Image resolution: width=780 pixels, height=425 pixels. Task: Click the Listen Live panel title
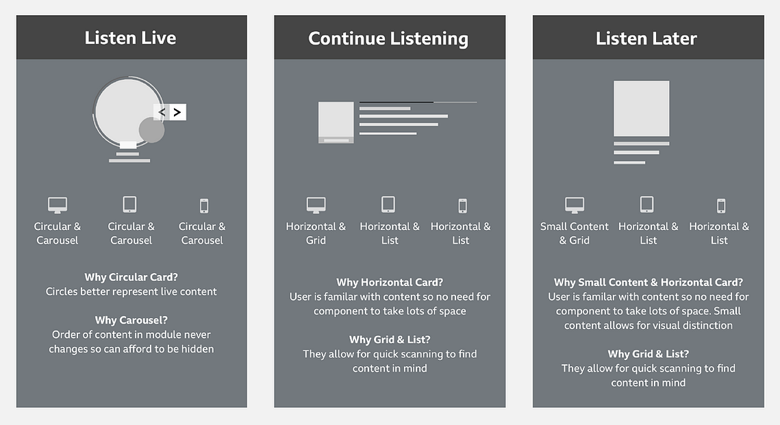[130, 38]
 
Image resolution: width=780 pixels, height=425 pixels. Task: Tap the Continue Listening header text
[388, 39]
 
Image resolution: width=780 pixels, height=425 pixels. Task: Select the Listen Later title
[646, 38]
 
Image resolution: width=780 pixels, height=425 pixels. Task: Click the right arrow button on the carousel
[177, 112]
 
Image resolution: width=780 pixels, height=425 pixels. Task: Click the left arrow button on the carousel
[161, 112]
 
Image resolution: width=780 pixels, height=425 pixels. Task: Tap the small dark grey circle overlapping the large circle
[151, 130]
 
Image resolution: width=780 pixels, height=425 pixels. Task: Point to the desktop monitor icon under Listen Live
[58, 205]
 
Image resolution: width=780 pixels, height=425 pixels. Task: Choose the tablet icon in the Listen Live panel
[129, 205]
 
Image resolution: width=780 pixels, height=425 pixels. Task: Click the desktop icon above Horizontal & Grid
[316, 205]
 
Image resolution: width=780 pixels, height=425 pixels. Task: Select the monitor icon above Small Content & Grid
[575, 205]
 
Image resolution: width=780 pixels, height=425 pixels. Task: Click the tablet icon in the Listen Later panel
[646, 205]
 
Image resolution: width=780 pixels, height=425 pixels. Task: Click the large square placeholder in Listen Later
[641, 108]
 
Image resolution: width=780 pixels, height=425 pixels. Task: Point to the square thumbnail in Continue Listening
[336, 123]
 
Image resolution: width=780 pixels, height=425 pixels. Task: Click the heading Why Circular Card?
[131, 277]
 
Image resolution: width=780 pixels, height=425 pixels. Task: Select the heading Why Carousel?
[131, 320]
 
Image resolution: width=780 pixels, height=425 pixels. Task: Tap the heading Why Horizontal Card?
[390, 283]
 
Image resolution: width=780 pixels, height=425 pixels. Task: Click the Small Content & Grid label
[575, 233]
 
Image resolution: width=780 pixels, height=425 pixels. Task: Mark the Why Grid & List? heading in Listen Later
[649, 354]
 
